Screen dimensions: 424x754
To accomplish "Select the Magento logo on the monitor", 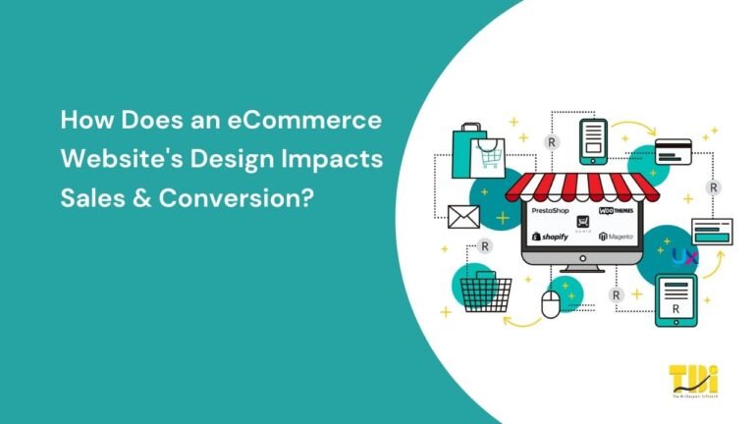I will [617, 238].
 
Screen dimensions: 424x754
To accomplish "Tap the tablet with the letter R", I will [675, 298].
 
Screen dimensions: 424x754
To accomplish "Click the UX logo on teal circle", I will [685, 257].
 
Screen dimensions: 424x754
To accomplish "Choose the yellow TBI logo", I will [692, 380].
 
